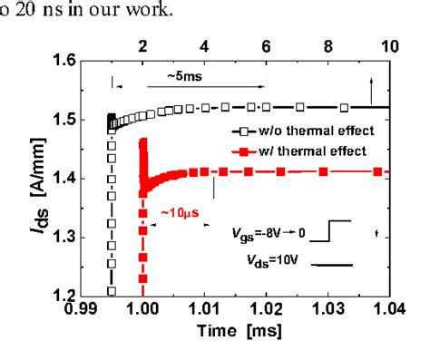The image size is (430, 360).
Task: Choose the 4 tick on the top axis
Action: (203, 46)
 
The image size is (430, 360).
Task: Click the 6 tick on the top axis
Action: (266, 46)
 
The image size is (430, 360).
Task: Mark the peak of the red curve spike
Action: (142, 141)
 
